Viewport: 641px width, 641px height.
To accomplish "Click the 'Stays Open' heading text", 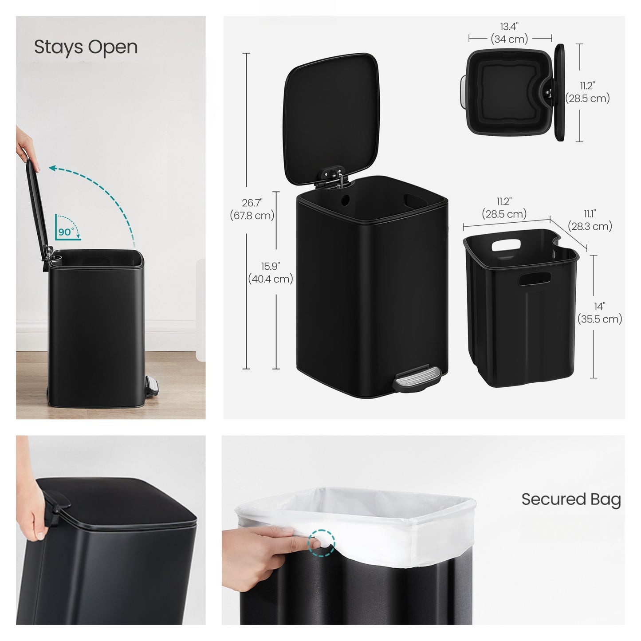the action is click(x=86, y=47).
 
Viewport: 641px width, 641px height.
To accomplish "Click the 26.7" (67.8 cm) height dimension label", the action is click(x=252, y=209).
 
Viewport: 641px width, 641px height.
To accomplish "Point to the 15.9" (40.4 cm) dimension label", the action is click(x=270, y=272).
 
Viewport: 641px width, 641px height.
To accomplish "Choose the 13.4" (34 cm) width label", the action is click(x=509, y=33).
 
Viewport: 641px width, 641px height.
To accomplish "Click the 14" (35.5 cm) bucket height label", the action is click(x=599, y=313).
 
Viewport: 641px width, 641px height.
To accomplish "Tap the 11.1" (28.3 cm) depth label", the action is click(x=590, y=220).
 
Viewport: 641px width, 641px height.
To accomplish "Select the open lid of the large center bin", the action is click(x=331, y=118).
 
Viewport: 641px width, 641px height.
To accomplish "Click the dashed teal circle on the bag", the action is click(x=321, y=543).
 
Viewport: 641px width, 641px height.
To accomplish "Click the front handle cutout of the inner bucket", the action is click(x=534, y=279).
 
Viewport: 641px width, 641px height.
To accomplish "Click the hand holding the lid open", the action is click(x=27, y=149).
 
